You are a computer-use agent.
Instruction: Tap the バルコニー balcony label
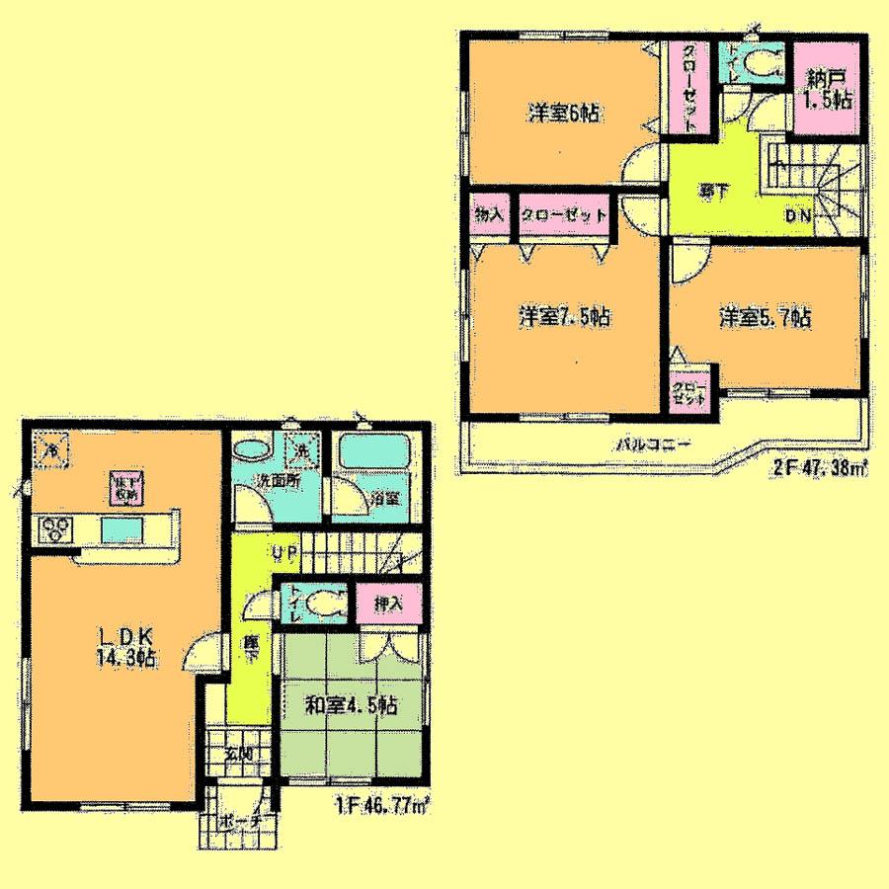[x=646, y=444]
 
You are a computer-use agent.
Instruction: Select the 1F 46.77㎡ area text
[x=379, y=804]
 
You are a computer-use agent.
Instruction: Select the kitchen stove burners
[x=54, y=528]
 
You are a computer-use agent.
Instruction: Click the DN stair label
[x=799, y=214]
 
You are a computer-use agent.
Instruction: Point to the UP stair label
[x=279, y=553]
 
